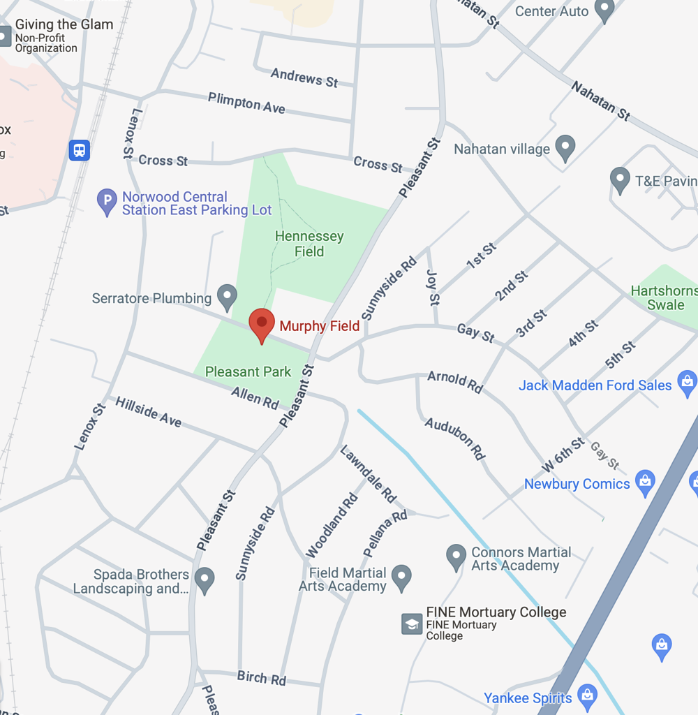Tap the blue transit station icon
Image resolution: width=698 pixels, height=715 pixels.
click(x=80, y=150)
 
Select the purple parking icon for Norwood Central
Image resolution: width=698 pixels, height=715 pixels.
click(x=107, y=202)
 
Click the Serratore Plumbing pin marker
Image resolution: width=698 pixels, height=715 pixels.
click(x=227, y=297)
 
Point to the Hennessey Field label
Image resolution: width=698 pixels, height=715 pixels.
click(x=309, y=244)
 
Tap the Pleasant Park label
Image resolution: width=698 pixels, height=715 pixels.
click(x=248, y=372)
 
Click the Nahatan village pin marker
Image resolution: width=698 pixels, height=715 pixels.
click(x=565, y=147)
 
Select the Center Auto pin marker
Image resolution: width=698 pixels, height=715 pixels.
click(x=604, y=10)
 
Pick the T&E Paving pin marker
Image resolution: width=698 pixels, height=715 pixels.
click(x=620, y=179)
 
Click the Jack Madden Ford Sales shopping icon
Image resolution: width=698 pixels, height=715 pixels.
click(x=688, y=383)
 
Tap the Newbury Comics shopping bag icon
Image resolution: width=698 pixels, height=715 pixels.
click(x=646, y=482)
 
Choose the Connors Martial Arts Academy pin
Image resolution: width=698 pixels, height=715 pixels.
click(x=456, y=556)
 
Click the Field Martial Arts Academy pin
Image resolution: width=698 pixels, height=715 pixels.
click(x=401, y=577)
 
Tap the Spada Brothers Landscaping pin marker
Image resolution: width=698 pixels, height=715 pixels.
click(x=205, y=579)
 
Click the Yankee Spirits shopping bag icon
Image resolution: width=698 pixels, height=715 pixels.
click(x=588, y=696)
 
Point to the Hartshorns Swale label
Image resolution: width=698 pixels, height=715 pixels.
click(x=664, y=297)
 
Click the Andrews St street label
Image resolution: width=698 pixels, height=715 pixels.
click(x=304, y=78)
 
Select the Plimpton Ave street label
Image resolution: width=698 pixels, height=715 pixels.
click(x=246, y=103)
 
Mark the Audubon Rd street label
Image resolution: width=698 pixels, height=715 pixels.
click(x=455, y=438)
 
